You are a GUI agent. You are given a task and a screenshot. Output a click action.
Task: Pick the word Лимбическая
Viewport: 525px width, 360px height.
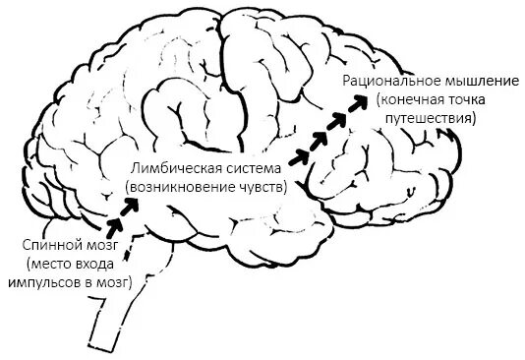pyautogui.click(x=168, y=168)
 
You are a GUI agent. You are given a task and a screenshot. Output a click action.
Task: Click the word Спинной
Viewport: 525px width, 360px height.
pyautogui.click(x=45, y=243)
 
